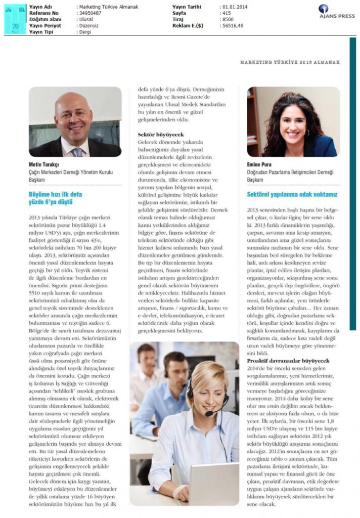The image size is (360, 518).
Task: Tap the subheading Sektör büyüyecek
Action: [161, 135]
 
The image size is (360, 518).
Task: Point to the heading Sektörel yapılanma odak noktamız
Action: [292, 194]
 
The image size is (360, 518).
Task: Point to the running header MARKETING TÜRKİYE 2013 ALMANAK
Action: [290, 62]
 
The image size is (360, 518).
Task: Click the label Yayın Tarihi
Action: [187, 7]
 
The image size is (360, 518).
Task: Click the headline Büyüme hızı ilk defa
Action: [55, 194]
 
